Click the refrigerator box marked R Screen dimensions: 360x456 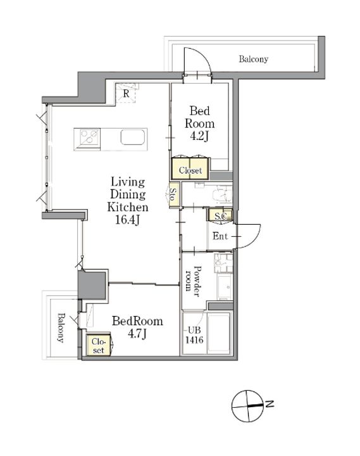pos(126,93)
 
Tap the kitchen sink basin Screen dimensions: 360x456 pos(133,137)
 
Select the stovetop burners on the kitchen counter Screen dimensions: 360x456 pos(89,136)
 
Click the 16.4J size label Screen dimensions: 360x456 pos(128,220)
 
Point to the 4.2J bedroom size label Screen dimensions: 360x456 pos(199,136)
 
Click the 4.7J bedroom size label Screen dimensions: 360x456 pos(137,334)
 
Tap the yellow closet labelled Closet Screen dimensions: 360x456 pos(190,168)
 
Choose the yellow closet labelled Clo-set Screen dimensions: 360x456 pos(99,345)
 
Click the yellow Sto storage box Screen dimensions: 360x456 pos(174,195)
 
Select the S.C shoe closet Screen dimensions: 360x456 pos(220,215)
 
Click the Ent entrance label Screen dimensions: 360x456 pos(220,236)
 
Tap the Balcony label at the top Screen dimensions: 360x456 pos(253,59)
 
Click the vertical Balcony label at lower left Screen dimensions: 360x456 pos(61,328)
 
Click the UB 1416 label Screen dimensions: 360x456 pos(194,335)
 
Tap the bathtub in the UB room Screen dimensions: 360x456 pos(218,332)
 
